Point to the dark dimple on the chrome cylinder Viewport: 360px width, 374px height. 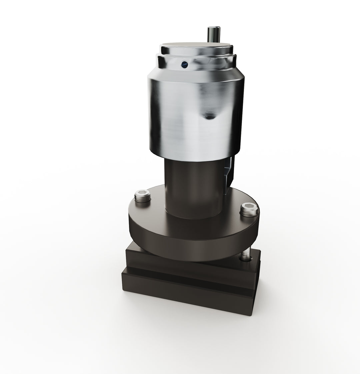pyautogui.click(x=209, y=115)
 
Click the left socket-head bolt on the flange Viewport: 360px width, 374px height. pyautogui.click(x=142, y=196)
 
